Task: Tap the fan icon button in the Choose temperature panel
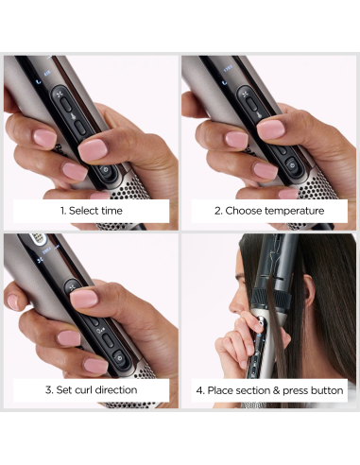[x=247, y=95]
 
